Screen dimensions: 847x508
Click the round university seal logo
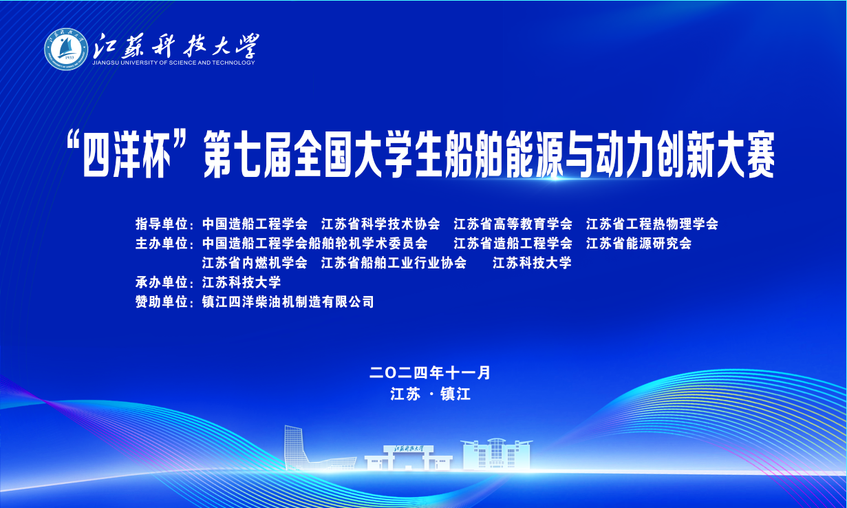66,49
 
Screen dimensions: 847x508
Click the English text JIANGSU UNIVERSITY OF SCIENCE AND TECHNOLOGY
174,63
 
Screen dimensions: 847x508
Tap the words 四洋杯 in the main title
125,155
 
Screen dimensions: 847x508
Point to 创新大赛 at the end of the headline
716,155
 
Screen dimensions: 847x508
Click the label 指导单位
162,224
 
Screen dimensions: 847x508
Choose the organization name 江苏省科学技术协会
380,224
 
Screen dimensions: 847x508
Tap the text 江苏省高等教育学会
513,224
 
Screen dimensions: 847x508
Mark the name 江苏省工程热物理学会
652,224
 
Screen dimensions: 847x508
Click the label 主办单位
162,243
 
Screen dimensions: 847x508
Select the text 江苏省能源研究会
639,243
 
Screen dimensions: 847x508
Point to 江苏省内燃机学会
255,262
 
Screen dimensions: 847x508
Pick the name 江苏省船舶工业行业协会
394,262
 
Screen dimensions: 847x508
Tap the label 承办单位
162,282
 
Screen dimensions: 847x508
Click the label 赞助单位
162,302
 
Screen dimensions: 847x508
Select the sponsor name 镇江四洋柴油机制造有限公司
288,302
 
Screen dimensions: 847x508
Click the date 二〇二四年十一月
430,373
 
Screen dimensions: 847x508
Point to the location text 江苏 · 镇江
431,394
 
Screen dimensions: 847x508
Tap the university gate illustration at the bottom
409,458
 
